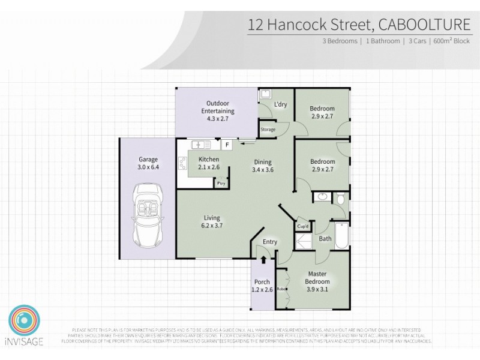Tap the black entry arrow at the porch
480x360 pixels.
point(263,260)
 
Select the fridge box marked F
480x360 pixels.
point(227,145)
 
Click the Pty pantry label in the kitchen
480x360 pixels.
point(221,183)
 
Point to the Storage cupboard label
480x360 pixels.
point(268,129)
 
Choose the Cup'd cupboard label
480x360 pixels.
point(302,226)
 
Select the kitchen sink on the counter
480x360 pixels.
point(200,145)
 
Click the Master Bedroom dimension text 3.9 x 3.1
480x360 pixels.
point(317,289)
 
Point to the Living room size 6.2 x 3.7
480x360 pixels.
point(212,226)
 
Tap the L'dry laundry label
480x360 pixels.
point(280,104)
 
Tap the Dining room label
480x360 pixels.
point(262,162)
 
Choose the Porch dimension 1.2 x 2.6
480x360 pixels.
point(263,289)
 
